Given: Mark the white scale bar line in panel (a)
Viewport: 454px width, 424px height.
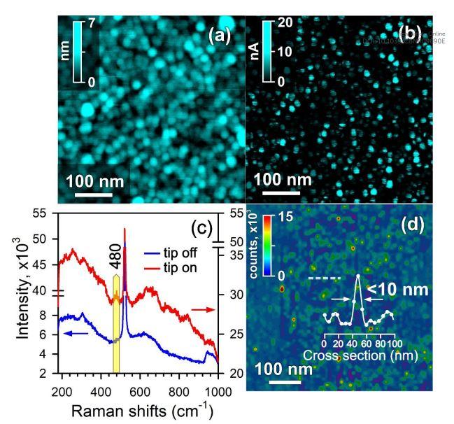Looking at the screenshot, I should point(91,192).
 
